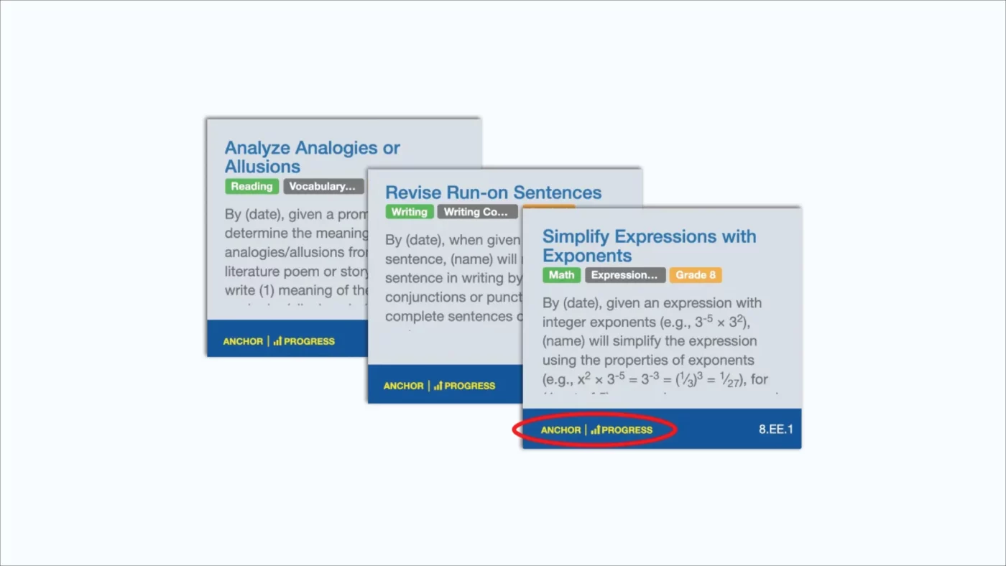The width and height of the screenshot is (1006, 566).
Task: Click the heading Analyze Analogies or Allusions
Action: point(312,157)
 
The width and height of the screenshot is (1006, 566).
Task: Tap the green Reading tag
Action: point(251,186)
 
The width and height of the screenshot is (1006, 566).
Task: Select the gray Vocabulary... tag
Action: point(323,186)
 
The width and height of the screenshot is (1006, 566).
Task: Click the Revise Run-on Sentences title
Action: point(493,192)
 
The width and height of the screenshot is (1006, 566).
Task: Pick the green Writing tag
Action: point(410,212)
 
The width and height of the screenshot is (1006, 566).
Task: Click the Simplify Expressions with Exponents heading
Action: point(648,246)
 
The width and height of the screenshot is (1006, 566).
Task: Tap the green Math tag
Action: point(561,275)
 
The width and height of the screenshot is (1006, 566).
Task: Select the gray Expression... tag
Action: point(624,275)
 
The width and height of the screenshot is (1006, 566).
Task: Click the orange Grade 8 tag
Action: point(695,275)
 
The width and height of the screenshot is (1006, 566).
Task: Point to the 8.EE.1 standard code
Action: point(776,430)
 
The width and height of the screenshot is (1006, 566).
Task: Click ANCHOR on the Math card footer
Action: point(560,430)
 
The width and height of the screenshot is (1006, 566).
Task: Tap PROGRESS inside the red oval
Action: point(627,430)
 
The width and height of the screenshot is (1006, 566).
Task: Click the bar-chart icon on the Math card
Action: point(595,430)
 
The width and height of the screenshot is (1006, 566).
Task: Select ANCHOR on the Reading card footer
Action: point(243,341)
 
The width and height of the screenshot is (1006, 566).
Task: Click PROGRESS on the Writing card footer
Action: point(469,386)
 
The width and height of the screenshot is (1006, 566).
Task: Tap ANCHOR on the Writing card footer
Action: point(403,386)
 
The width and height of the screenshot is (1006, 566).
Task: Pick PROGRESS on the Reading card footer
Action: point(309,341)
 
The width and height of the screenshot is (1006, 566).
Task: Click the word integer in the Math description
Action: point(564,322)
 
